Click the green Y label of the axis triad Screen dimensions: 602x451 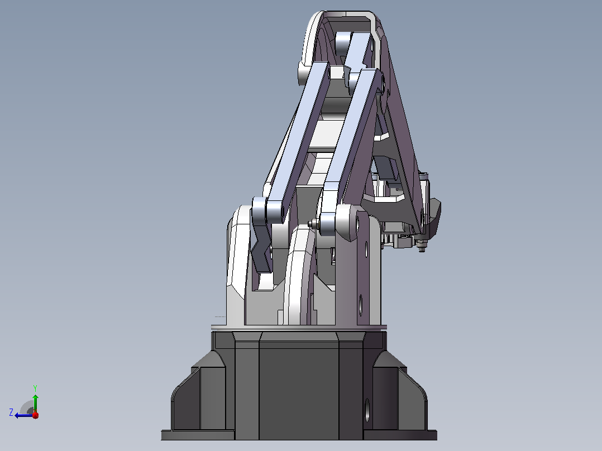click(35, 388)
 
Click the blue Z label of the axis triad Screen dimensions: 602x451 click(11, 412)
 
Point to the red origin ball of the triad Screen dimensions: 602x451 click(35, 415)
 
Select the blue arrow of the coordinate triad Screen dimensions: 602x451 click(24, 415)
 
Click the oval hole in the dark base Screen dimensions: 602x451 click(367, 410)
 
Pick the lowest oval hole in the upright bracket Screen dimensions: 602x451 click(361, 305)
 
